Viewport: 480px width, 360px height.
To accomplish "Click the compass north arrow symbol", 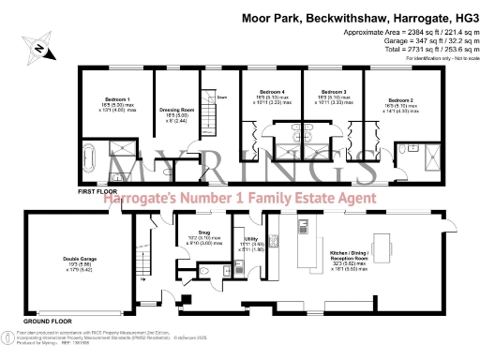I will coord(37,45).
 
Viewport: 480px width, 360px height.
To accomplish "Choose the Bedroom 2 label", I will coord(400,98).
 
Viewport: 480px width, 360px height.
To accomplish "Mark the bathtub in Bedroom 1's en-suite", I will coord(92,154).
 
